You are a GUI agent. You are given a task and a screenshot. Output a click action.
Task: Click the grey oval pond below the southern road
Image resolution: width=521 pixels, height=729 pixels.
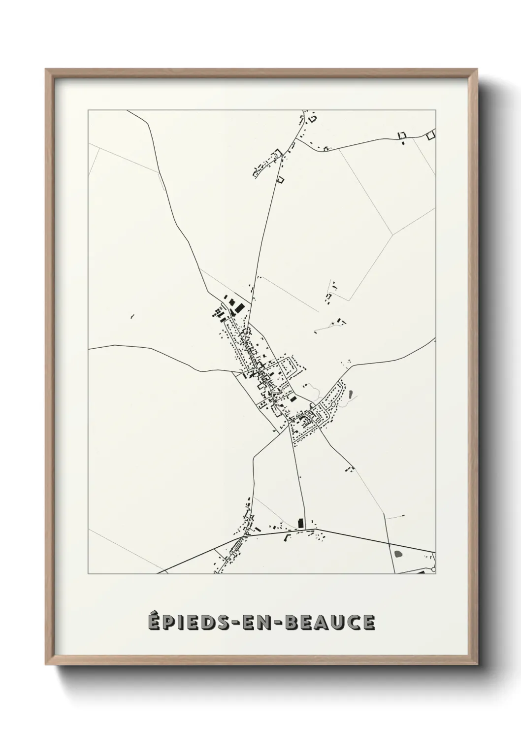[x=398, y=553]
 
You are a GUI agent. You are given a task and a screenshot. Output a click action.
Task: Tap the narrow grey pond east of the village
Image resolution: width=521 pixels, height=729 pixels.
[x=350, y=394]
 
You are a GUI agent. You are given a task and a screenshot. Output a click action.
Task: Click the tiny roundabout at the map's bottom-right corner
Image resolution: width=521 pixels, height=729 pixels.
[x=434, y=569]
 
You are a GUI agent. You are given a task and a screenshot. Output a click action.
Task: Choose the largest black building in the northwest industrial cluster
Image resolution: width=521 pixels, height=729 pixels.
[x=238, y=308]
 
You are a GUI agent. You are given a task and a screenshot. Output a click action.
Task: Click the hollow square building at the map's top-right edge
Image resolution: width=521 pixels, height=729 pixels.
[x=431, y=134]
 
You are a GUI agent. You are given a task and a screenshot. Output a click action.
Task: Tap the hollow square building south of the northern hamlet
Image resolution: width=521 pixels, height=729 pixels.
[x=281, y=179]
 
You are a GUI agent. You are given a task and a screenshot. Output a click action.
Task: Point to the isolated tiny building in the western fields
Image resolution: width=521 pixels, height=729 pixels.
[x=132, y=316]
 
